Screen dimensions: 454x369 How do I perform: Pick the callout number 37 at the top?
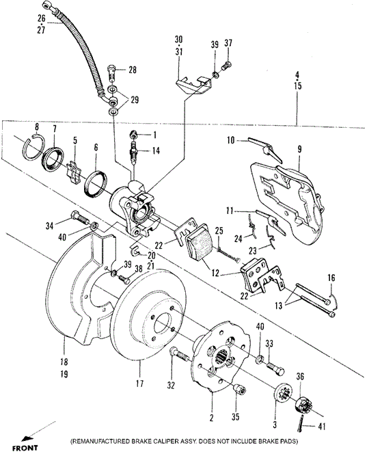[228, 44]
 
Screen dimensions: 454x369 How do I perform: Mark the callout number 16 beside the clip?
[331, 278]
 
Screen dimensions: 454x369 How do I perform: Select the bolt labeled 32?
[176, 355]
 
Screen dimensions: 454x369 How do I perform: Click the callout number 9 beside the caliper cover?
[299, 148]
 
